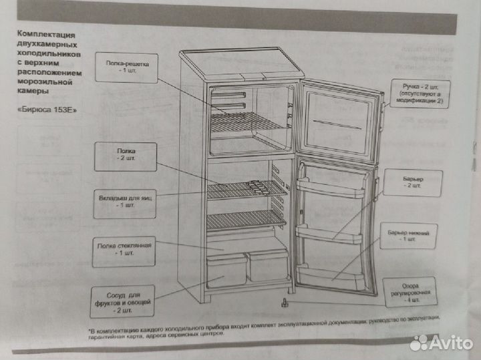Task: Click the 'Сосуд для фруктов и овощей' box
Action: (122, 301)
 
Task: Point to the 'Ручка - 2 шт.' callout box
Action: (419, 96)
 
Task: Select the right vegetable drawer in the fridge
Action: (268, 265)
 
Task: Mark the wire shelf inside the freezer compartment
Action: (247, 124)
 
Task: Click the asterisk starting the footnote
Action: (90, 331)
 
